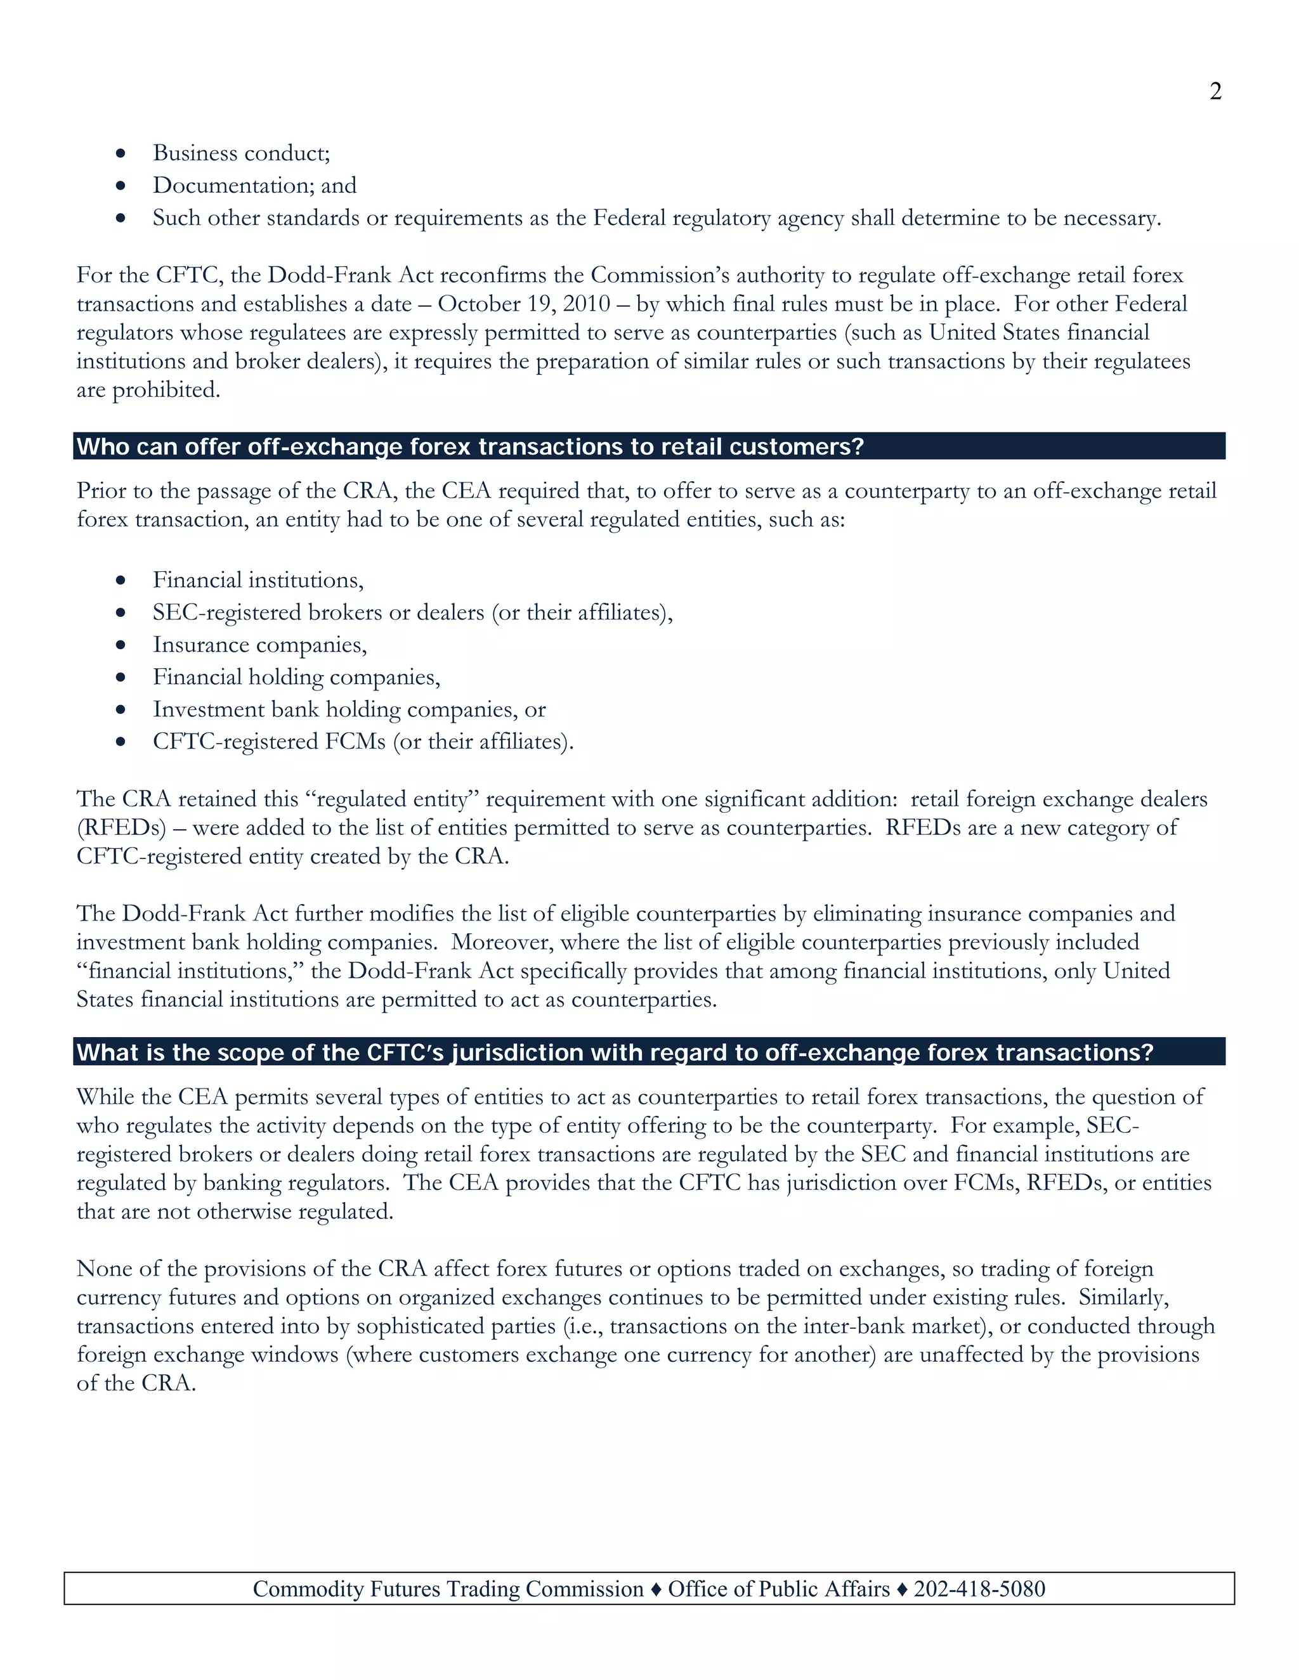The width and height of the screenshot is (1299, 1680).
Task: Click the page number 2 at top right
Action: coord(1215,91)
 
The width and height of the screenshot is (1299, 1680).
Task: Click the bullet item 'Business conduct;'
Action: coord(241,153)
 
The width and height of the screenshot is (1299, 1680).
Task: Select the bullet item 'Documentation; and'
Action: coord(254,185)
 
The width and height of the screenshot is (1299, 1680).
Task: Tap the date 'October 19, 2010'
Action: coord(523,304)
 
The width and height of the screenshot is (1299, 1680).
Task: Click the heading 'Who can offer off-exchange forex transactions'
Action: coord(469,446)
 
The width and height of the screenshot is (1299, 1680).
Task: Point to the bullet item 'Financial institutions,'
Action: coord(258,579)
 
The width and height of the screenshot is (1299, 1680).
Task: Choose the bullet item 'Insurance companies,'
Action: coord(259,644)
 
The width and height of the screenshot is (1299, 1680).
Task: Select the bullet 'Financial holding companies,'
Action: coord(296,677)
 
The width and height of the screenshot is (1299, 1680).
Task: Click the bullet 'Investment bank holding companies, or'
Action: coord(349,709)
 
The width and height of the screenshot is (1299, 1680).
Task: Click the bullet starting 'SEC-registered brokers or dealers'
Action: coord(412,612)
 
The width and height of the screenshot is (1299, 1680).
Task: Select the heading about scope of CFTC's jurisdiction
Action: coord(614,1052)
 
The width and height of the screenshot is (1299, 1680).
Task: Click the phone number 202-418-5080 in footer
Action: coord(979,1589)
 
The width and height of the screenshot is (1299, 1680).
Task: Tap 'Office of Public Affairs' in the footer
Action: coord(778,1589)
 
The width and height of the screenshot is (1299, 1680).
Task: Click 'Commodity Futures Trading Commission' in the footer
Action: coord(448,1589)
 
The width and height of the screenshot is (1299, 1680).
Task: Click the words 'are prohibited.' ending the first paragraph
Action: coord(148,390)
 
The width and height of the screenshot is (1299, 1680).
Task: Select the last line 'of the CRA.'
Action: coord(136,1383)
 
